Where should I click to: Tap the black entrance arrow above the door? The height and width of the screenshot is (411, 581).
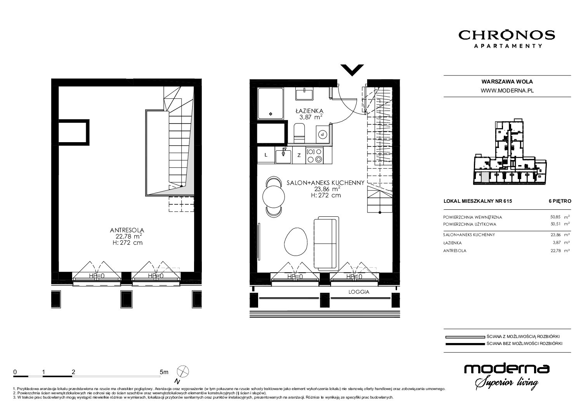tap(352, 70)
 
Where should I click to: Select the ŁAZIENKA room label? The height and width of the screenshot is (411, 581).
tap(309, 111)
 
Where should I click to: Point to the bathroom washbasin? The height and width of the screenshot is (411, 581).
tap(304, 94)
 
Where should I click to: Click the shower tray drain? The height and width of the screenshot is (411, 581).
tap(271, 114)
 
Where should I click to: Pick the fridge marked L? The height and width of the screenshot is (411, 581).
tap(266, 155)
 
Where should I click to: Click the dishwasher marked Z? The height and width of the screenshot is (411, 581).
tap(299, 155)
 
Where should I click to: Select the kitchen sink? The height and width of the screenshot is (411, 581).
tap(283, 155)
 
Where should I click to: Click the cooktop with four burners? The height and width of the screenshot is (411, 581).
tap(314, 155)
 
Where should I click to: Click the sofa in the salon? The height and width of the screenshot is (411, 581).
tap(326, 243)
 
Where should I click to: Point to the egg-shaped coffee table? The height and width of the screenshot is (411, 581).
tap(296, 242)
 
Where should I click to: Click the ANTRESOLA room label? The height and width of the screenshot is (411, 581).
tap(127, 230)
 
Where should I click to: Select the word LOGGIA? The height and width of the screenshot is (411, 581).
tap(359, 292)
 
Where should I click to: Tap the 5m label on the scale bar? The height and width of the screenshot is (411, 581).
tap(164, 372)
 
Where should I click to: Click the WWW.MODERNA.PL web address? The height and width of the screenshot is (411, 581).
tap(507, 91)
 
